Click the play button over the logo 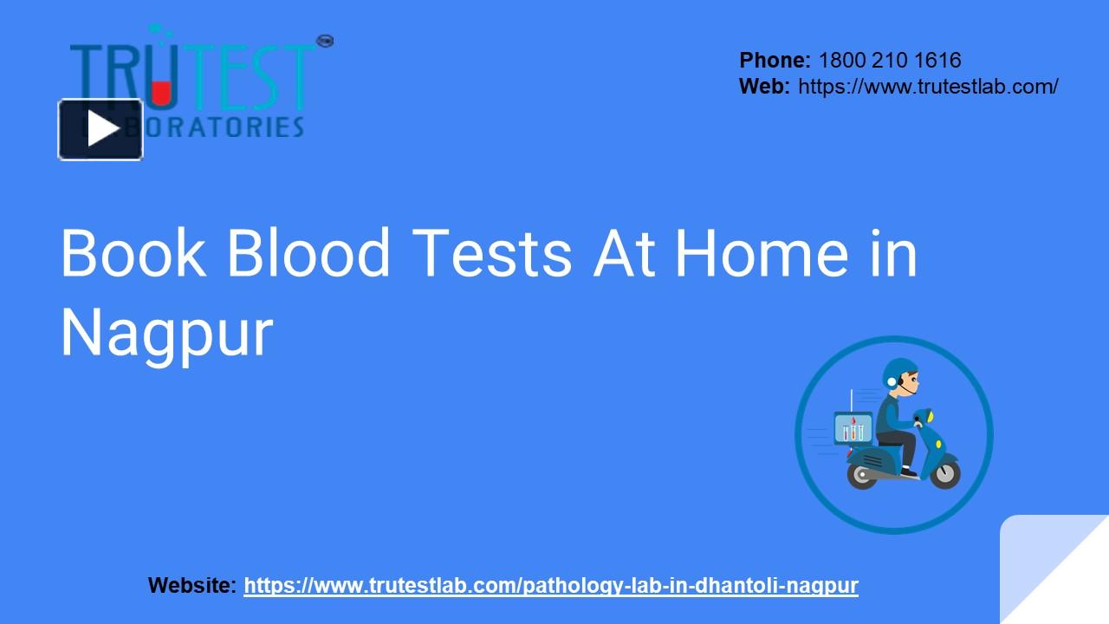[101, 130]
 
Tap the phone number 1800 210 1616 [889, 60]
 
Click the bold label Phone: [775, 60]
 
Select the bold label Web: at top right [764, 86]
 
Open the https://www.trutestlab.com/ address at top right [928, 86]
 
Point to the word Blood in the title [308, 253]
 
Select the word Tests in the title [492, 253]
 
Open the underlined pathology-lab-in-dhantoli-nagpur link [551, 586]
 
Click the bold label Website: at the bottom [191, 586]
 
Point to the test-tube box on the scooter [853, 428]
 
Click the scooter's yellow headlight [930, 418]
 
